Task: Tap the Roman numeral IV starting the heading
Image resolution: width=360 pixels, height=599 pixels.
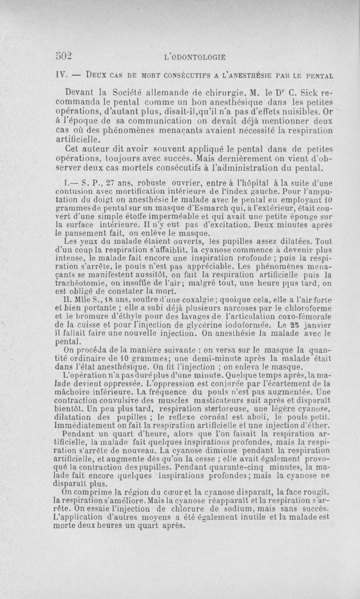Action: click(x=61, y=73)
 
